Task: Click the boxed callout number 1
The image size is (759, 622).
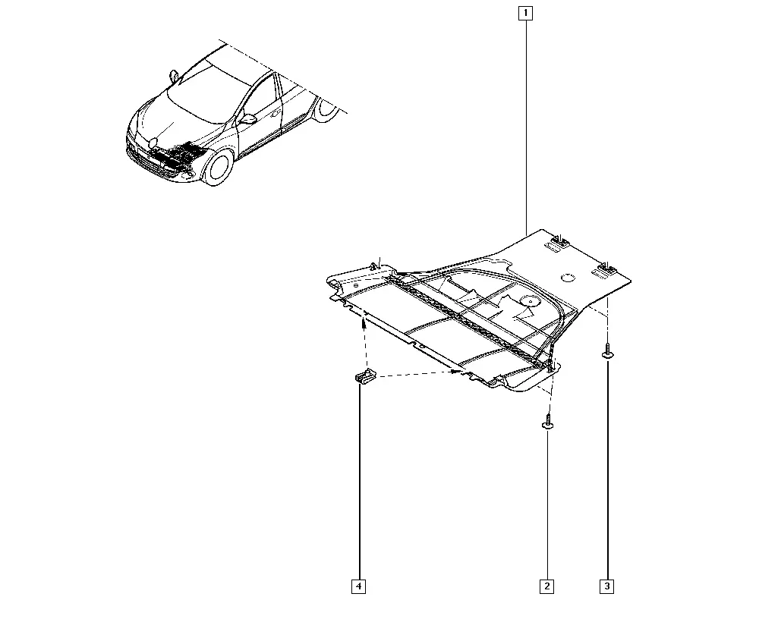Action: point(525,13)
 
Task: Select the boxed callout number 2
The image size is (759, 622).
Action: point(547,586)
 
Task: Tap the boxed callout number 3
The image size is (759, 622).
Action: point(607,586)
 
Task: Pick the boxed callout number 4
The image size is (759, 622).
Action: point(359,586)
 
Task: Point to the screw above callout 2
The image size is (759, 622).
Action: point(547,421)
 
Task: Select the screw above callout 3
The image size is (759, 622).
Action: point(607,351)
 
